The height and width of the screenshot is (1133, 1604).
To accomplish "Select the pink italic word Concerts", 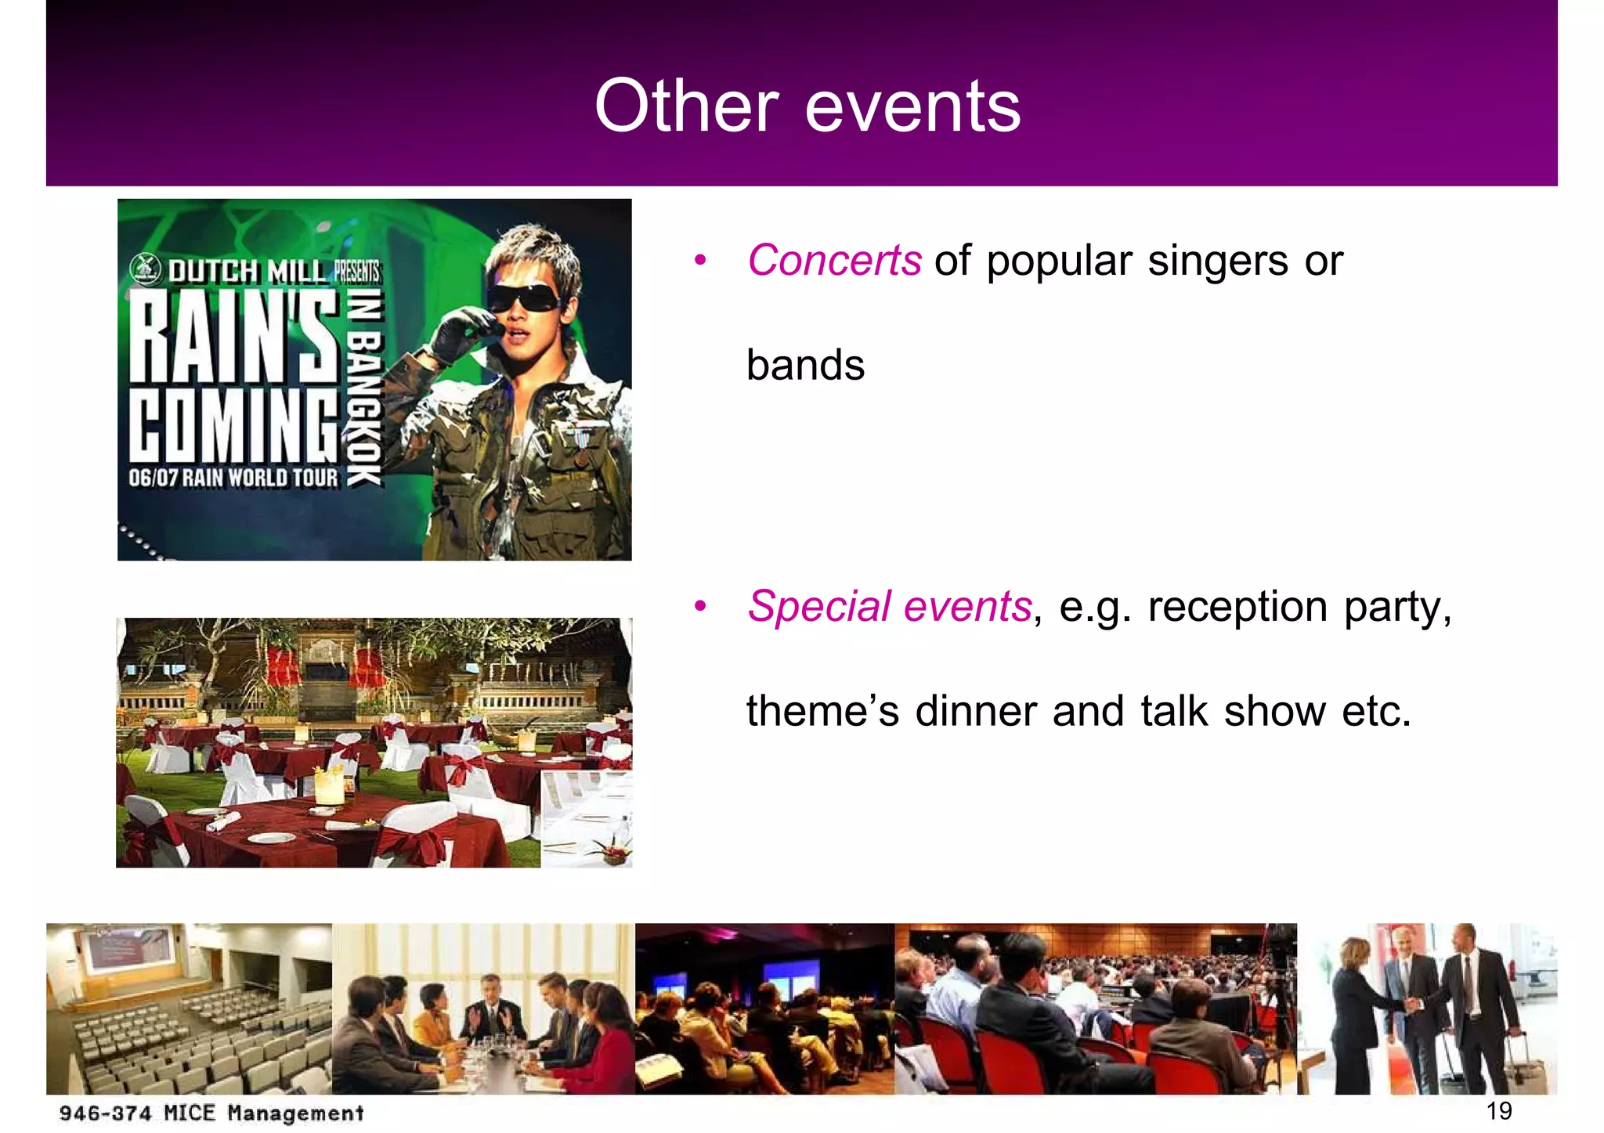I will (834, 260).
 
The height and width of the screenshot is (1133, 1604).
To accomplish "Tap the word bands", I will (805, 366).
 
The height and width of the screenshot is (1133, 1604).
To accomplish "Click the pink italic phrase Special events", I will (890, 606).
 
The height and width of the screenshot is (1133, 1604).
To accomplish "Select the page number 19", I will (1498, 1110).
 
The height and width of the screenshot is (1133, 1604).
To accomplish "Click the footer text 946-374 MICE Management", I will (211, 1113).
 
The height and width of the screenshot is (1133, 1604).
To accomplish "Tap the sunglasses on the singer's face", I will (523, 298).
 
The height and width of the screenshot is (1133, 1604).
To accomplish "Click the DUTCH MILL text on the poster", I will (247, 272).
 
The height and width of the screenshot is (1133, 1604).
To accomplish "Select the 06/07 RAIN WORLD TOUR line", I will (233, 478).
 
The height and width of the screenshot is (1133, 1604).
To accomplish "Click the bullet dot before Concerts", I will (700, 260).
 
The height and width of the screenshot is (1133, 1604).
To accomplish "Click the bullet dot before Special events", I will (700, 606).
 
